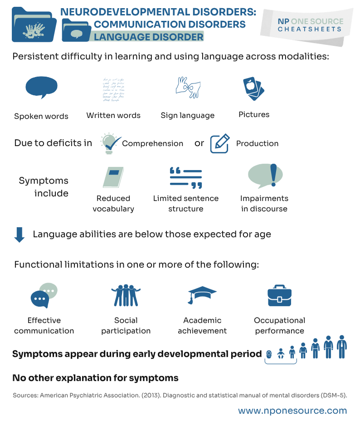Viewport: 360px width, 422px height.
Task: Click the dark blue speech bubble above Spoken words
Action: pos(41,87)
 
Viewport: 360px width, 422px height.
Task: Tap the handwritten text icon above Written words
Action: pos(113,89)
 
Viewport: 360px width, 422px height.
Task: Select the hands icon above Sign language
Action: pos(187,87)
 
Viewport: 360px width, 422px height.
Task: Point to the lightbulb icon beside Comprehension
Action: pos(109,143)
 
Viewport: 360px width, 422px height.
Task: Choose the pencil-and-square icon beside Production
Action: pos(219,143)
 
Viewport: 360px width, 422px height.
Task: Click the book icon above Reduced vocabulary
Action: pos(113,177)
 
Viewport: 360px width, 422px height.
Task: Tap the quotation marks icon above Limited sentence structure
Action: pos(185,177)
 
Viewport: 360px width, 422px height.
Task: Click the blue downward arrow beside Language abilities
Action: pos(19,235)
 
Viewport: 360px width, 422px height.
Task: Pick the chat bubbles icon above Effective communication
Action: pos(44,296)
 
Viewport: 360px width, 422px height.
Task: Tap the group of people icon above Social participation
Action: pos(126,295)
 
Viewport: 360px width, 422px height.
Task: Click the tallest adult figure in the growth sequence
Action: pos(341,348)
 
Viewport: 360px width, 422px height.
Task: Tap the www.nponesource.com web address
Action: pos(292,411)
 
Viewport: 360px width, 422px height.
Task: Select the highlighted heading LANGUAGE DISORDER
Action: pos(149,37)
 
